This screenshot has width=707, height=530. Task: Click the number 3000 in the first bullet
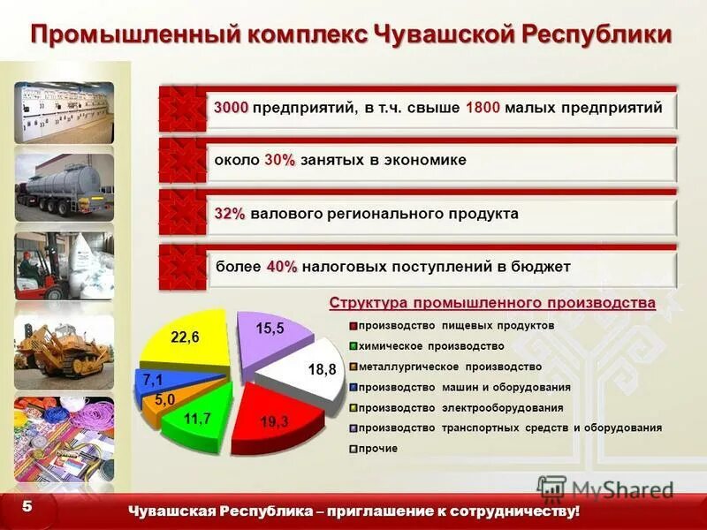(x=232, y=108)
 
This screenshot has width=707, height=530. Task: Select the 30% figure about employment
(x=279, y=161)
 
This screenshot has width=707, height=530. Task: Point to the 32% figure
(x=230, y=214)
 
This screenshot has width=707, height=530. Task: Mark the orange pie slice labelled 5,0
(x=166, y=402)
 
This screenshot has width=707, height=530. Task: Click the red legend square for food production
(x=353, y=326)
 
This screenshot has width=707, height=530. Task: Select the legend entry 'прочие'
(x=378, y=449)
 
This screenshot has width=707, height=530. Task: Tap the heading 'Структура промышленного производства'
(x=492, y=303)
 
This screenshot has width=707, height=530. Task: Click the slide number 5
(x=27, y=506)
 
